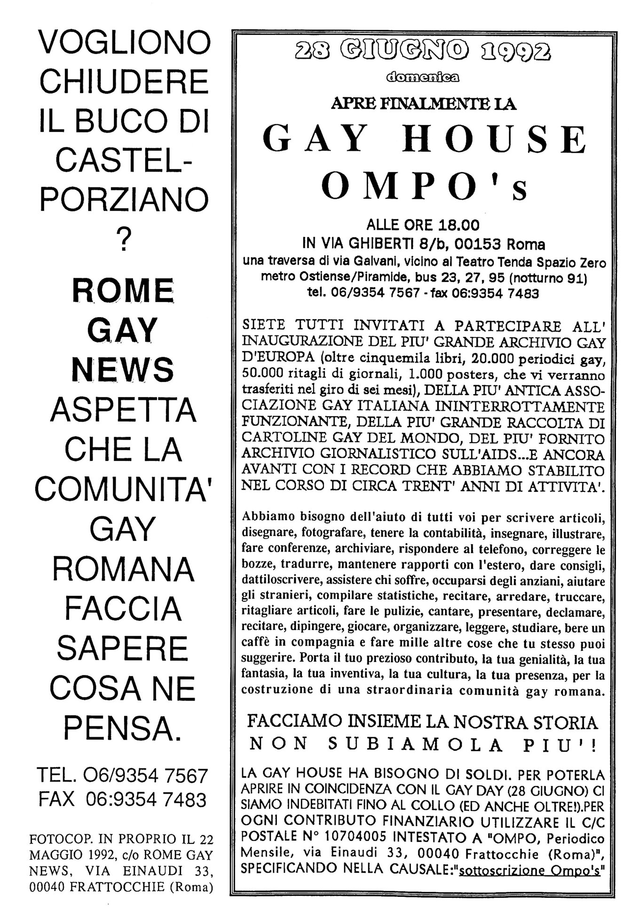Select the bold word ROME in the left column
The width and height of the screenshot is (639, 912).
pyautogui.click(x=123, y=291)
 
